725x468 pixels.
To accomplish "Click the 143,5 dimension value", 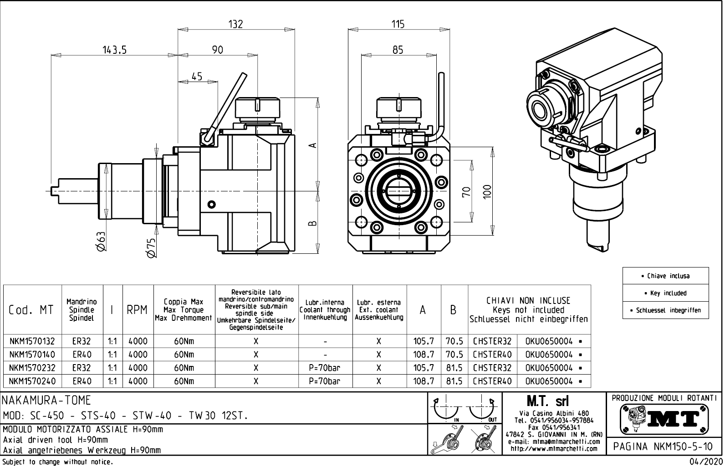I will point(114,50).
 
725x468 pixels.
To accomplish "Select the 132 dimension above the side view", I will point(235,24).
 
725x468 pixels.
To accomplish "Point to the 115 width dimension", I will point(398,24).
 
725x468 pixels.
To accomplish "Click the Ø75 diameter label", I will point(151,248).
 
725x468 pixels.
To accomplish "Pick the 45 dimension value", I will point(197,76).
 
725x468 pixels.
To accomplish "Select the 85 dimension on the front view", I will point(398,50).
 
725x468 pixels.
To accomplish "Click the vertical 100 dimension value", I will point(487,192).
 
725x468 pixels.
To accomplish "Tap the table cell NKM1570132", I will point(32,341).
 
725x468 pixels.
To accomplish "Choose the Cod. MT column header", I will point(31,310).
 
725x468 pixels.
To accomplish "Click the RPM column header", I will point(137,310).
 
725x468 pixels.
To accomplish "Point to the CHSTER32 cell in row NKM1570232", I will point(492,368).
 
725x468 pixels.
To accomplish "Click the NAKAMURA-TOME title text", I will point(47,401).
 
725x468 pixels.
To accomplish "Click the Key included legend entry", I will point(666,293).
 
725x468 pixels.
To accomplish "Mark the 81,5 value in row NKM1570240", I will point(454,381).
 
